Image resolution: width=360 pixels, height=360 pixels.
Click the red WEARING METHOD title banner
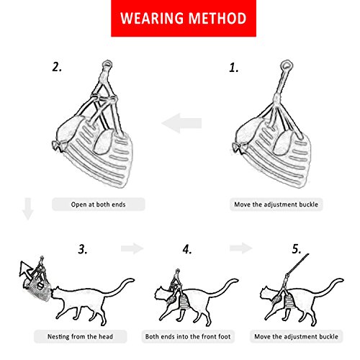(180, 17)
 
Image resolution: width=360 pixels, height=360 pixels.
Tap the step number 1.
(233, 68)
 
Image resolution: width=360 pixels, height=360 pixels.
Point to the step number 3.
(83, 250)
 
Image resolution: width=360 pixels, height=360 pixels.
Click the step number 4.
(187, 250)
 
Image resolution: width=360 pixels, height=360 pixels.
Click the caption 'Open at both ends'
(98, 204)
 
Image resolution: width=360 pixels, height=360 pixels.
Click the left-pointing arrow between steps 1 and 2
(181, 125)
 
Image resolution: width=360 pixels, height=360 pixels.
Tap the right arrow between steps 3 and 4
(132, 248)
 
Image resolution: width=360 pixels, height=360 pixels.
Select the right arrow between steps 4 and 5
(239, 248)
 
